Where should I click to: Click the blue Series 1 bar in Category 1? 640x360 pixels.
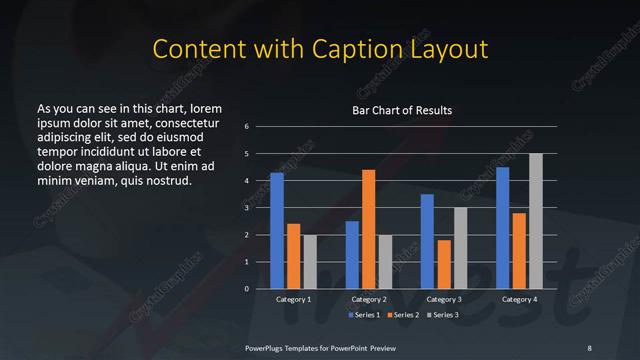click(x=277, y=231)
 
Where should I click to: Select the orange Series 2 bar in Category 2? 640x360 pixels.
click(x=368, y=229)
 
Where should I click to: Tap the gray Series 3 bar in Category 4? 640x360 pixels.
click(x=535, y=221)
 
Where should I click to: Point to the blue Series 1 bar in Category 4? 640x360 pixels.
click(x=502, y=228)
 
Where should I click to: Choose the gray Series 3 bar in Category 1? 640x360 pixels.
click(x=309, y=262)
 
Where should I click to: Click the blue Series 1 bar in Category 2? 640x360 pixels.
click(x=352, y=255)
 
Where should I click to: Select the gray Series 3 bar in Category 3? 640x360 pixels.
click(x=460, y=248)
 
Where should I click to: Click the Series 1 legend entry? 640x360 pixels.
click(x=362, y=315)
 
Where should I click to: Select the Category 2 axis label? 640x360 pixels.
click(x=368, y=299)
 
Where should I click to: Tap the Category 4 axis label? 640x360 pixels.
click(x=518, y=299)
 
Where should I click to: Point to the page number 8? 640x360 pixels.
click(x=589, y=347)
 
